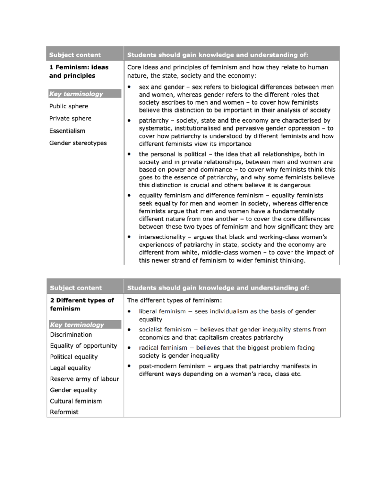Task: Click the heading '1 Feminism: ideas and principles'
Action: [x=79, y=72]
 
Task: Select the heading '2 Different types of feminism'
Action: [x=82, y=304]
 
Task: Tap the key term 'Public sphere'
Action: [x=69, y=106]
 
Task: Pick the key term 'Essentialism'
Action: [x=67, y=131]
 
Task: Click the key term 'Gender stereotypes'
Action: [x=78, y=143]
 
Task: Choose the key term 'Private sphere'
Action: [x=70, y=118]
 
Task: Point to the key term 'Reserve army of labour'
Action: [x=84, y=379]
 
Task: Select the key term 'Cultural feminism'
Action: [x=76, y=401]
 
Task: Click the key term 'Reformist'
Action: [x=64, y=412]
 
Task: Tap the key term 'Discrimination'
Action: [x=71, y=335]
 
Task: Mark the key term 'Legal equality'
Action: [x=70, y=368]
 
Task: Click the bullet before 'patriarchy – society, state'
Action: [x=129, y=121]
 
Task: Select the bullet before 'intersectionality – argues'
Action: [x=129, y=237]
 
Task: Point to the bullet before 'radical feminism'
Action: [x=129, y=348]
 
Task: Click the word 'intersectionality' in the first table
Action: [x=162, y=237]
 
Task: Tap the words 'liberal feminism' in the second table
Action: [x=162, y=311]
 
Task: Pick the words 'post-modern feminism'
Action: [x=172, y=366]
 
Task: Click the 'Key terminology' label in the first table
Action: [x=76, y=94]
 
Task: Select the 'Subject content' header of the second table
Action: [x=76, y=288]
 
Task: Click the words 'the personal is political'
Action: [x=173, y=154]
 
